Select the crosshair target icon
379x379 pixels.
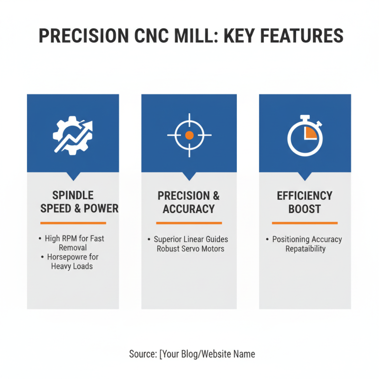(x=189, y=135)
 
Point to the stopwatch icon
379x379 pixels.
(x=305, y=136)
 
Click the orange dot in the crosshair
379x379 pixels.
(x=189, y=135)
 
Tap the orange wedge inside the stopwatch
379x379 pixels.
(x=311, y=133)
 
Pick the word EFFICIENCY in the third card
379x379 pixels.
(x=305, y=196)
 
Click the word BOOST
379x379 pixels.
(x=305, y=209)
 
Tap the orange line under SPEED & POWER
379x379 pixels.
(x=73, y=223)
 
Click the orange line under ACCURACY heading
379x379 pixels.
(x=189, y=223)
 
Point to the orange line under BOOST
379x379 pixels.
(x=305, y=223)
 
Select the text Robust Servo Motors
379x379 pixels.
(x=190, y=249)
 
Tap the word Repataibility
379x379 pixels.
(x=306, y=249)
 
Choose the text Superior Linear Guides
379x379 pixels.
(x=191, y=240)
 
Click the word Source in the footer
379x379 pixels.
(x=142, y=354)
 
